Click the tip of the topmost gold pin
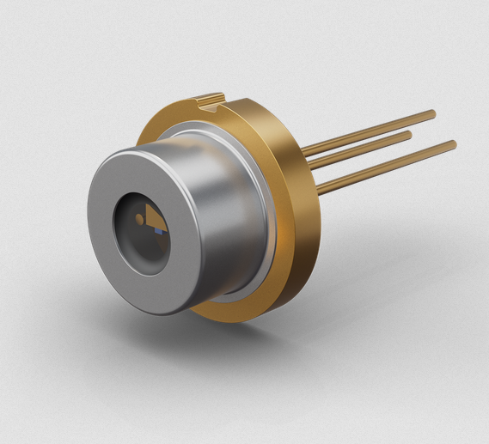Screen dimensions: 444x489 (x=432, y=113)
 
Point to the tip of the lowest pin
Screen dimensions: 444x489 (x=453, y=144)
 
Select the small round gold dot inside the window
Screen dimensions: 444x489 (x=138, y=220)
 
